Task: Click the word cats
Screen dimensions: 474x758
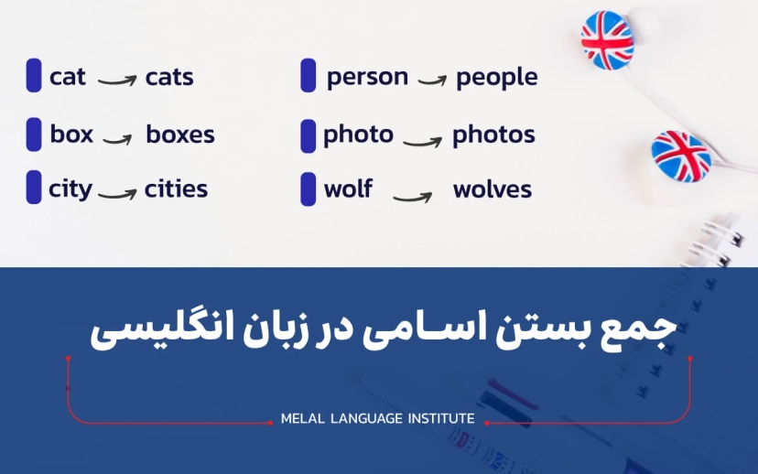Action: [x=169, y=77]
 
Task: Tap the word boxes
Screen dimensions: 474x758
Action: [x=180, y=135]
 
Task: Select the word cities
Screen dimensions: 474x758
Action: [x=176, y=189]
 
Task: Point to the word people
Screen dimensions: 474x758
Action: [x=496, y=78]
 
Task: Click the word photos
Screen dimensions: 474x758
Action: [x=493, y=135]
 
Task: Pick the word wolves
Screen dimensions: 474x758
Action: [x=492, y=190]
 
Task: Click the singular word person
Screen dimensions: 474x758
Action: [x=367, y=77]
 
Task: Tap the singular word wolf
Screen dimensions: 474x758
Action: [x=348, y=189]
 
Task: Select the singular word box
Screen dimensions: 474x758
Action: [x=71, y=135]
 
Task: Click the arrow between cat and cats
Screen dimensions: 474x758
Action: [x=116, y=81]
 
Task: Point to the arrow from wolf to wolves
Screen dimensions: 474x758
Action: [x=413, y=194]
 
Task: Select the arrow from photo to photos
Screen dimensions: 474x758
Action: [x=422, y=140]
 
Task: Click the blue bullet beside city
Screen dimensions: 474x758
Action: [x=34, y=188]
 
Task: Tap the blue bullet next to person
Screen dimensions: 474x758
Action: [x=309, y=76]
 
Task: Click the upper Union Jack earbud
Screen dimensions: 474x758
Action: [x=606, y=40]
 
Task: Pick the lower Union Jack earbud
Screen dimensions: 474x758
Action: [x=680, y=156]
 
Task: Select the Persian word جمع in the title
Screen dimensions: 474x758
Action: [x=640, y=331]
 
